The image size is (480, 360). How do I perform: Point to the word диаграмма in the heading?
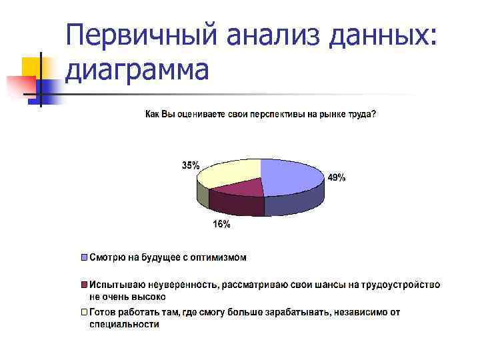tap(138, 69)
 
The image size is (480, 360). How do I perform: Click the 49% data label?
tap(336, 178)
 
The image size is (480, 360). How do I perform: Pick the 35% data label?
tap(191, 165)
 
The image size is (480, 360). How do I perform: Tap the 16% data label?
tap(222, 225)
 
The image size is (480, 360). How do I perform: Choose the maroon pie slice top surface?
tap(237, 188)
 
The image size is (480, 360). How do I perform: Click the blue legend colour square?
tap(84, 257)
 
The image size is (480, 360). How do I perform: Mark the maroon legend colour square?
tap(84, 285)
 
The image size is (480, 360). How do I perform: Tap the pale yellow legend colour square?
tap(84, 312)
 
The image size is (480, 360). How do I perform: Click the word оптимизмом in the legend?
tap(214, 257)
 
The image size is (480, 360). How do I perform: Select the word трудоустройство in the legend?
tap(401, 285)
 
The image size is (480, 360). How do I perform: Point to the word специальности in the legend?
tap(125, 325)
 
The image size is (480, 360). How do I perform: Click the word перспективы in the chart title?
tap(277, 115)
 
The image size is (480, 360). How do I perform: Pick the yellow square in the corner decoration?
tap(30, 67)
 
